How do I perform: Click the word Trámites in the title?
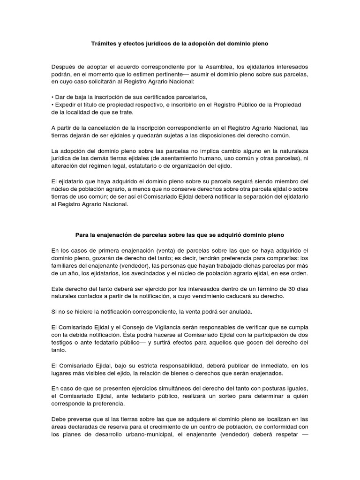104,44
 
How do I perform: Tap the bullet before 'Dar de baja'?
52,97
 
